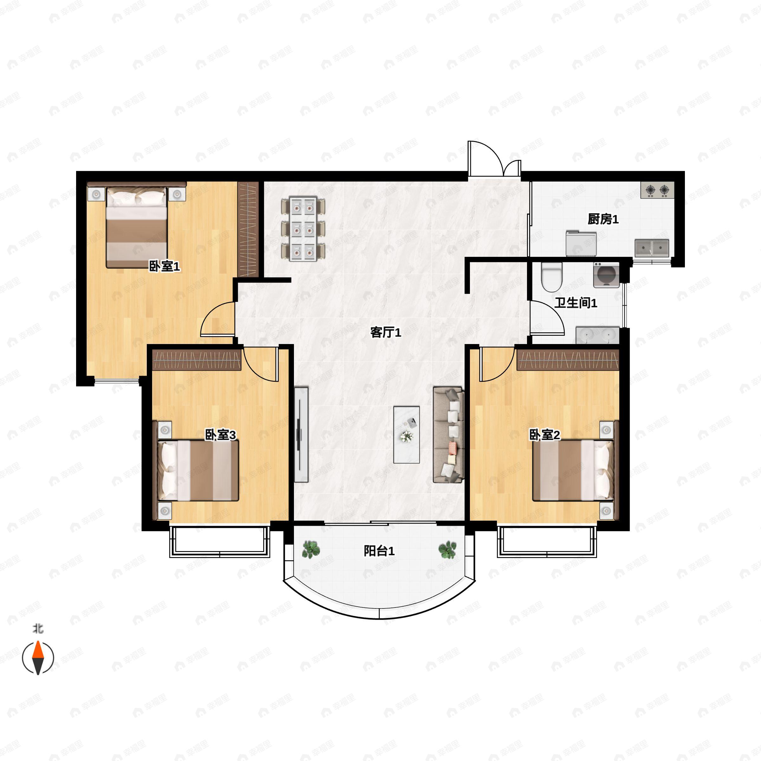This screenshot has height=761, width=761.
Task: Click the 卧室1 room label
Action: click(164, 267)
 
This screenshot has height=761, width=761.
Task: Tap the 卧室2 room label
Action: click(544, 435)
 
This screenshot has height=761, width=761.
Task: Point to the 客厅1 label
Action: click(386, 333)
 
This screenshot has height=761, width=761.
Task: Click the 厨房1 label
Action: click(603, 219)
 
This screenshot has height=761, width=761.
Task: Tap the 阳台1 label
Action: click(379, 551)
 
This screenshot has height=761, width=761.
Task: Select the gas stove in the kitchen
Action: click(657, 190)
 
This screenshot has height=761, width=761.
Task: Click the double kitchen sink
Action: click(652, 249)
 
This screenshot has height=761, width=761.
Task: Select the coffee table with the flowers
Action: click(407, 434)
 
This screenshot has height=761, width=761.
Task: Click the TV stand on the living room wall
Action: click(301, 434)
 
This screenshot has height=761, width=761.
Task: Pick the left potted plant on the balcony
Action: click(311, 550)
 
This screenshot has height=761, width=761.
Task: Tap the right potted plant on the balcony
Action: click(447, 550)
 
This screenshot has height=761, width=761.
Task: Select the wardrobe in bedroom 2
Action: click(568, 360)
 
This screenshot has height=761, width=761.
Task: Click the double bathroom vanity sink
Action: click(597, 335)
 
